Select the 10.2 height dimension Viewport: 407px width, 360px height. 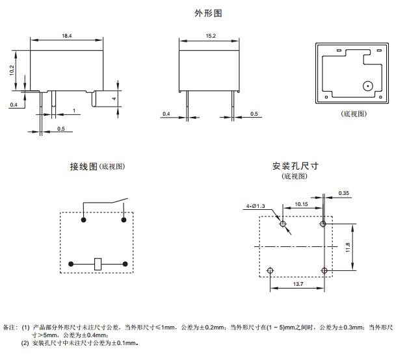[12, 70]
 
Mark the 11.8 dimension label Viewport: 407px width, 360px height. [348, 247]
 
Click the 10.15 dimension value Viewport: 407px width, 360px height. [301, 204]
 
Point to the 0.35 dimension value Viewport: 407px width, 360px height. [344, 193]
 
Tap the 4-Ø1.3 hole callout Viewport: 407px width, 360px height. [256, 207]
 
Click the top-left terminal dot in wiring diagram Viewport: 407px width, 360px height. [83, 221]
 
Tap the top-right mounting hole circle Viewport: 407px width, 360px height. [323, 224]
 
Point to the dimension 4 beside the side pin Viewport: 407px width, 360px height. [113, 99]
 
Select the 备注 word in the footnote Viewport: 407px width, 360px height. [10, 328]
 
